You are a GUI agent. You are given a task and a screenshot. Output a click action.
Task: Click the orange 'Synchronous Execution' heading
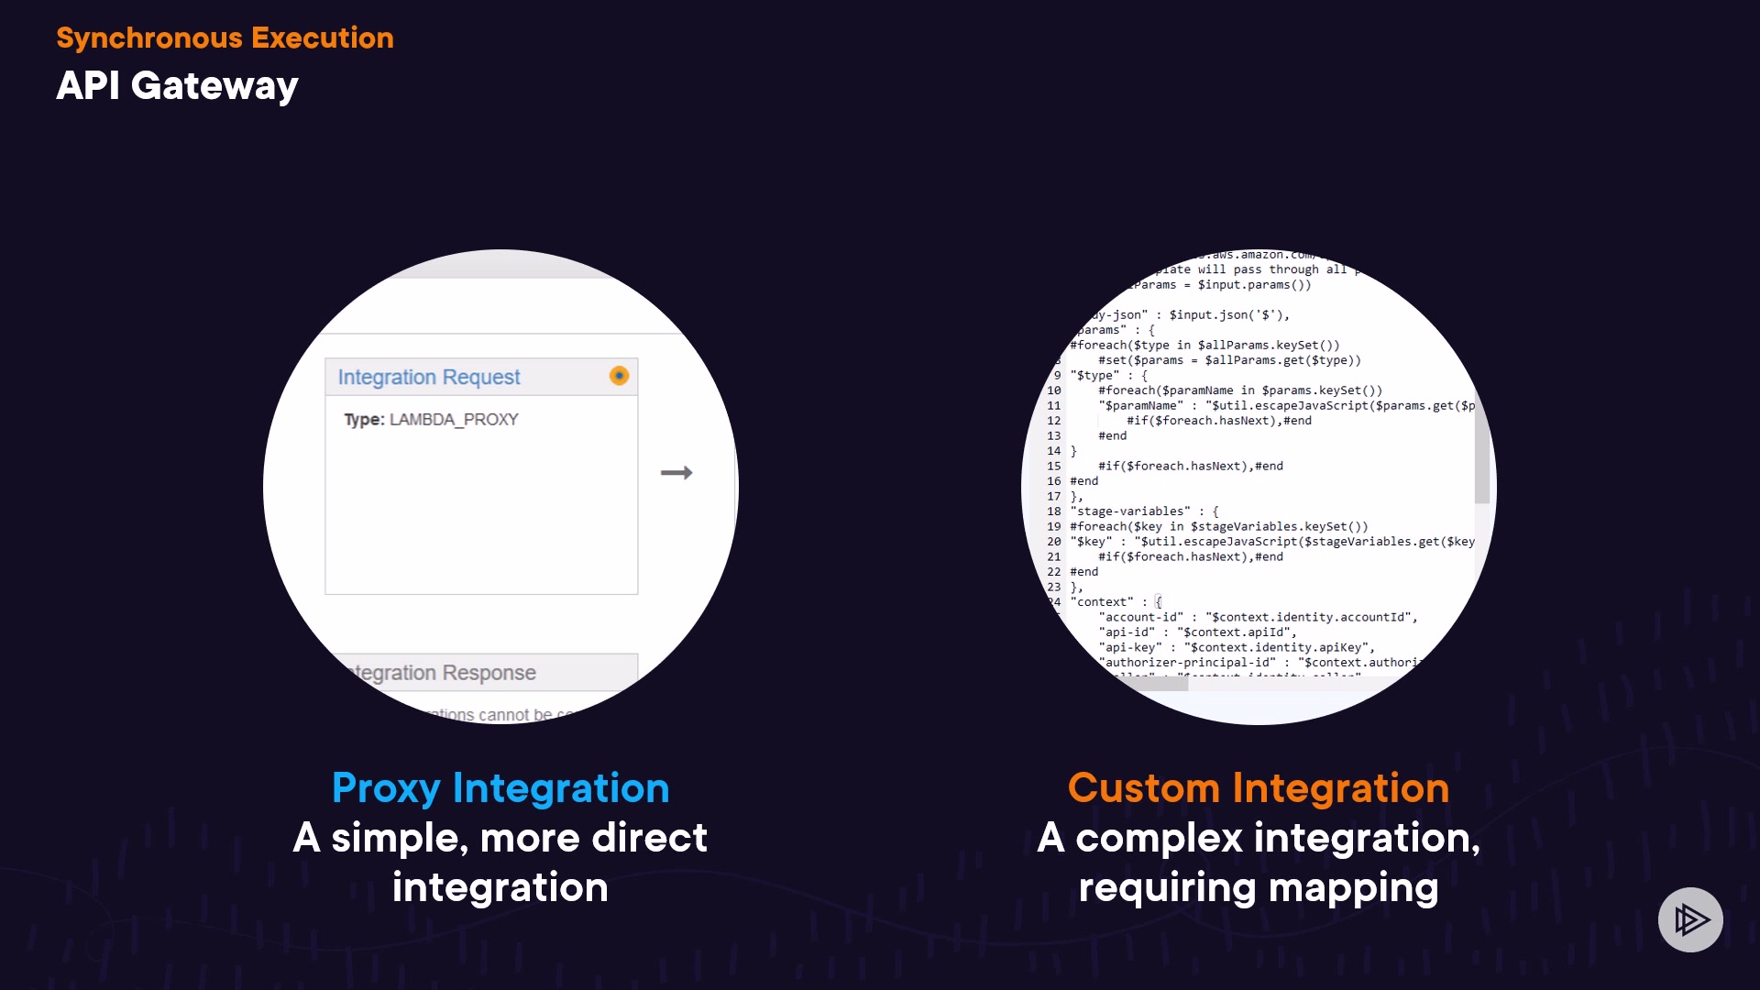tap(225, 38)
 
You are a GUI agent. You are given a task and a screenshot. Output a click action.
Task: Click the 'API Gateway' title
tap(177, 85)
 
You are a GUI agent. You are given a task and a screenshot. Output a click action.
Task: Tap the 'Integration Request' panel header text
tap(428, 377)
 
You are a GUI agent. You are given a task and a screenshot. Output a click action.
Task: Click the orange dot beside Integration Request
tap(620, 376)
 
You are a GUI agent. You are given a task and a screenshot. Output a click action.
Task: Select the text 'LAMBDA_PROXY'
tap(454, 420)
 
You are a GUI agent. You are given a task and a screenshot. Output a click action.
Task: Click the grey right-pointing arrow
tap(676, 473)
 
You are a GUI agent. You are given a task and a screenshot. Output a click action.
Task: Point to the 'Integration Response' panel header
tap(445, 673)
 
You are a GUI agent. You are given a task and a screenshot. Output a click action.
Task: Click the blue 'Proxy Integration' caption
tap(500, 787)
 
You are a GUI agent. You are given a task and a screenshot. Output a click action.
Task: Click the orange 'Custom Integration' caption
tap(1259, 787)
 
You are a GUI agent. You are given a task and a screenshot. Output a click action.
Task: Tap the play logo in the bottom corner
tap(1690, 919)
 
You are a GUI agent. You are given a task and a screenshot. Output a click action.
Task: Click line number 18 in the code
tap(1054, 511)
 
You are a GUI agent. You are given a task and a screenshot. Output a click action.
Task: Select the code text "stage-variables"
tap(1130, 511)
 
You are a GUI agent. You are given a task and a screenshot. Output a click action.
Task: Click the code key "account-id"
tap(1141, 617)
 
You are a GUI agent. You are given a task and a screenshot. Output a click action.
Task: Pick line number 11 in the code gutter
tap(1054, 405)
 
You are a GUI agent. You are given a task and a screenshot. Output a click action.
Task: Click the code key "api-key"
tap(1130, 647)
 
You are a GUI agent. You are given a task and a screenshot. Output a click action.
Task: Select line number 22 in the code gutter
tap(1054, 572)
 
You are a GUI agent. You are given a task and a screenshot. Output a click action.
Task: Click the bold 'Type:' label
tap(364, 420)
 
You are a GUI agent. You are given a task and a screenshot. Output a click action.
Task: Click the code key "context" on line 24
tap(1103, 602)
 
